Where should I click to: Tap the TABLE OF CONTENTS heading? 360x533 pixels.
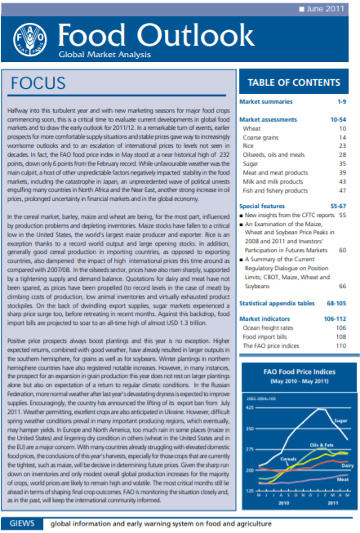point(294,83)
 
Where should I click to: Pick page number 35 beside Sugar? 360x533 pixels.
point(343,162)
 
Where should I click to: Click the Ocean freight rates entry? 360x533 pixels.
point(268,326)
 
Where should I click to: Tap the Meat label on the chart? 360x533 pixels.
point(343,479)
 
